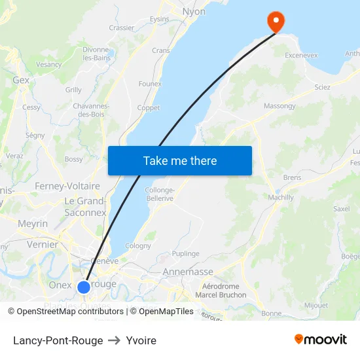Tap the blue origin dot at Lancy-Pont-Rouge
click(x=84, y=287)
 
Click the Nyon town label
click(x=194, y=12)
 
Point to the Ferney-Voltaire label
click(x=67, y=186)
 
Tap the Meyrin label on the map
click(x=33, y=224)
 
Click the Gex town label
click(x=21, y=80)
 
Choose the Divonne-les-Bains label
click(x=96, y=54)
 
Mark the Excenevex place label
click(x=302, y=56)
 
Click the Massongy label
click(x=279, y=106)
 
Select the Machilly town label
click(x=281, y=197)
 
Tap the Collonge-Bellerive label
click(x=160, y=193)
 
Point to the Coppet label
click(x=149, y=108)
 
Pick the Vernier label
click(x=43, y=244)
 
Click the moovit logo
click(x=321, y=339)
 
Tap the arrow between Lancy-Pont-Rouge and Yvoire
click(x=115, y=340)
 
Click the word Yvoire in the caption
click(x=141, y=340)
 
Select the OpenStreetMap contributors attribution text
click(x=70, y=312)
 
